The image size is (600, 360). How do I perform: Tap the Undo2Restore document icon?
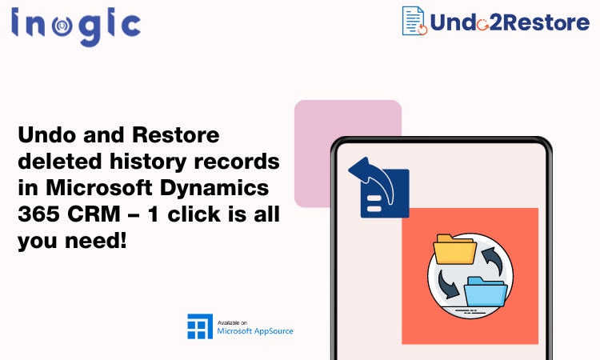click(414, 21)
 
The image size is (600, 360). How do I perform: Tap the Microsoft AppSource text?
click(255, 330)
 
